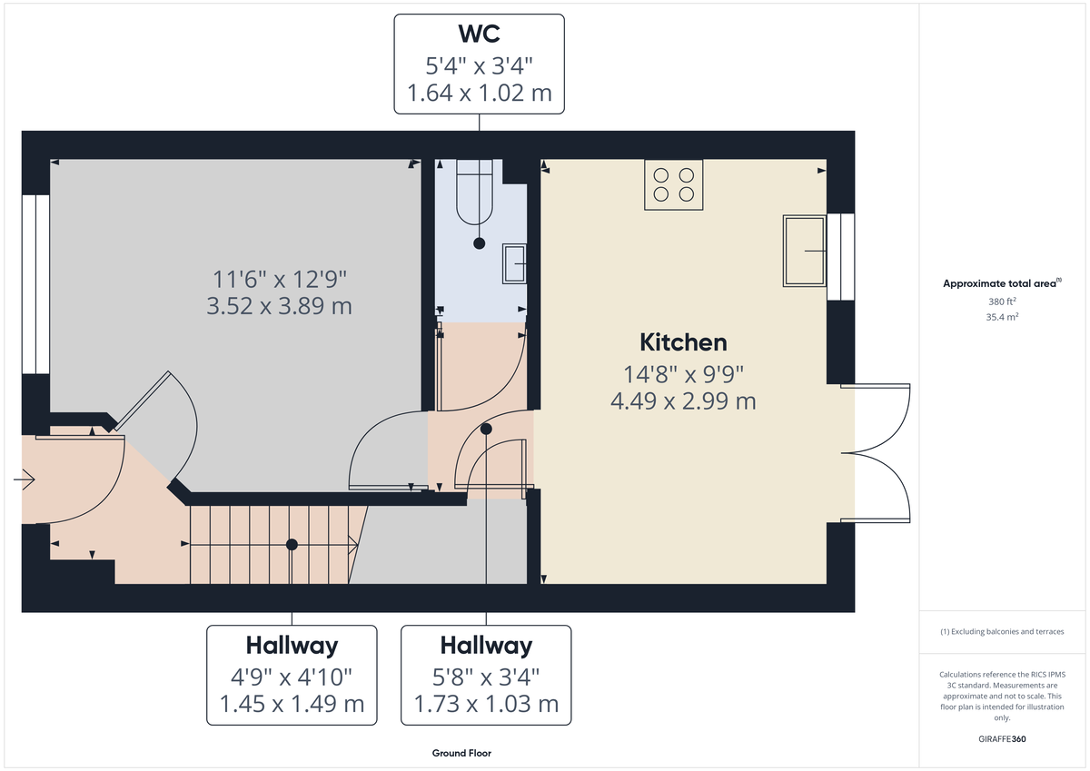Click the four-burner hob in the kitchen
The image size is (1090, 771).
click(x=673, y=184)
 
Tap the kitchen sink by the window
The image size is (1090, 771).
click(x=805, y=250)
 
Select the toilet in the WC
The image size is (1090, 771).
click(x=474, y=192)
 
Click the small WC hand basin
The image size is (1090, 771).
click(x=514, y=263)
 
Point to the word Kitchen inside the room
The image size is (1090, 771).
click(x=683, y=342)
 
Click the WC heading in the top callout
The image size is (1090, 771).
click(x=478, y=34)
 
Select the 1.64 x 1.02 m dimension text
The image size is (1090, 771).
click(x=479, y=93)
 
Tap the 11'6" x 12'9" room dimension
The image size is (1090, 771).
click(x=280, y=278)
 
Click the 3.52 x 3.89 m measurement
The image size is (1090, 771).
click(x=280, y=305)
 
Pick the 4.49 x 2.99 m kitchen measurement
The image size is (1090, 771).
click(x=683, y=400)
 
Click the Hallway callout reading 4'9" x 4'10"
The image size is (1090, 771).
click(x=292, y=675)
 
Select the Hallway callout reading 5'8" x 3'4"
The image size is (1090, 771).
click(x=486, y=675)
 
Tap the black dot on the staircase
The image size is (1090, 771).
click(x=292, y=545)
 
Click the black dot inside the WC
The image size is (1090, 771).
click(x=479, y=243)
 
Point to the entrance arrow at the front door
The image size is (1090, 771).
click(x=25, y=478)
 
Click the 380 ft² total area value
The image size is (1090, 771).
click(x=1002, y=301)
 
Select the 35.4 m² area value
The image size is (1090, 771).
click(x=1002, y=318)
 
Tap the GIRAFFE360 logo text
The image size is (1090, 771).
click(x=1002, y=739)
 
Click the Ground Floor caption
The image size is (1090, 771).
click(x=461, y=753)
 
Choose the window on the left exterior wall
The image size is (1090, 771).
click(x=35, y=283)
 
